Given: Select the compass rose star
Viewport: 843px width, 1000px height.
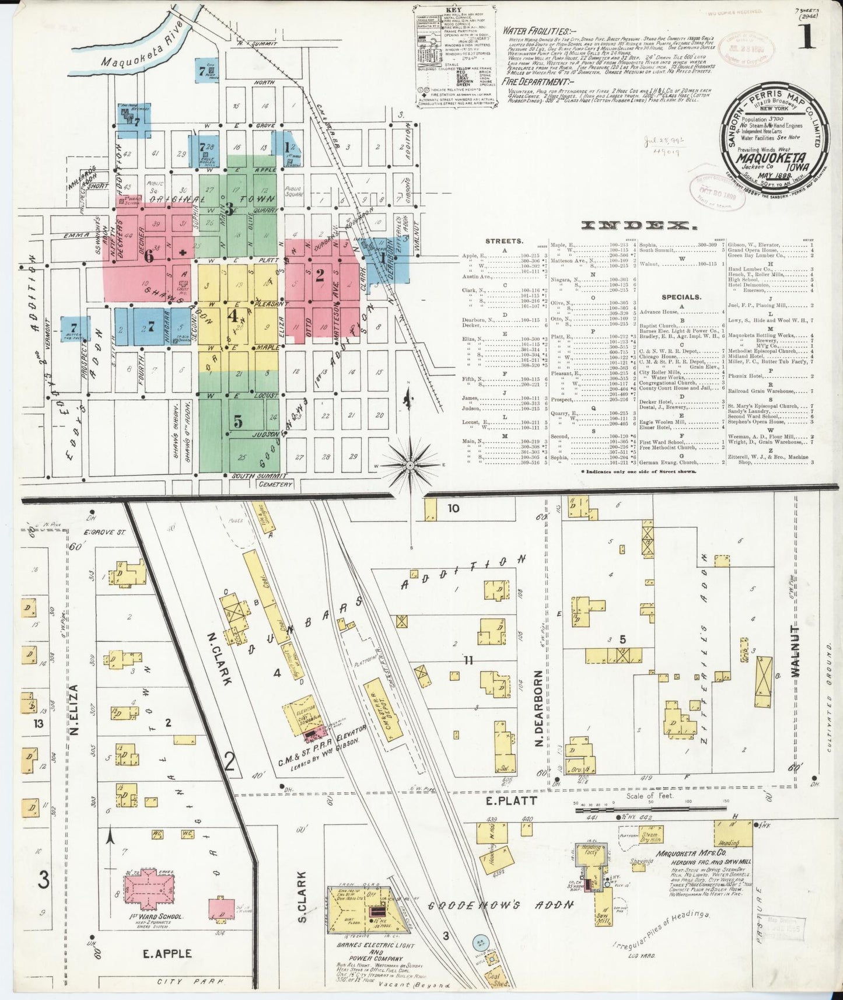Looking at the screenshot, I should (411, 465).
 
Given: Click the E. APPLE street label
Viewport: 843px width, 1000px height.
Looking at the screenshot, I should (167, 953).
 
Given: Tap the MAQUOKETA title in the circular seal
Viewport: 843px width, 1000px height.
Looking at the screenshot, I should (770, 158).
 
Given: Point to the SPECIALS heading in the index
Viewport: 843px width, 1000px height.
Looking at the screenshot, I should (681, 297).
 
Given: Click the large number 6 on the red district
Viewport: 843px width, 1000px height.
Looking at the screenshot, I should (149, 256).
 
